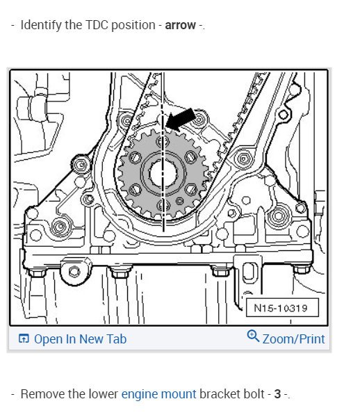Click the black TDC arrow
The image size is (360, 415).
point(181,119)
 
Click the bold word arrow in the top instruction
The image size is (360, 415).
point(181,26)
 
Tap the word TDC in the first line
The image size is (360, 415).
point(97,25)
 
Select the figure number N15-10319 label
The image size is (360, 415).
point(281,308)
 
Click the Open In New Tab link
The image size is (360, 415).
point(81,339)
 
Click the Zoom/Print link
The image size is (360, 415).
point(293,339)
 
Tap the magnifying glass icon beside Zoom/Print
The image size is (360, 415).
point(253,336)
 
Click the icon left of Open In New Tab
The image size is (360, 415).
point(24,339)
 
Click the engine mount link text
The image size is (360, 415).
point(158,394)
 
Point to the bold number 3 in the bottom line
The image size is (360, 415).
point(277,394)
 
